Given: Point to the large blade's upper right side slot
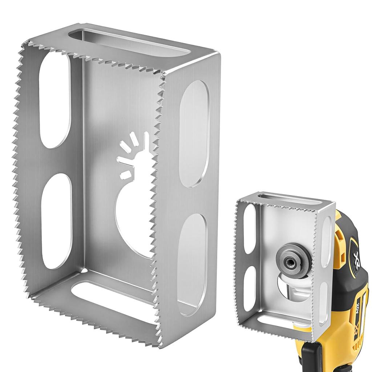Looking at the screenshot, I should pyautogui.click(x=194, y=133).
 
